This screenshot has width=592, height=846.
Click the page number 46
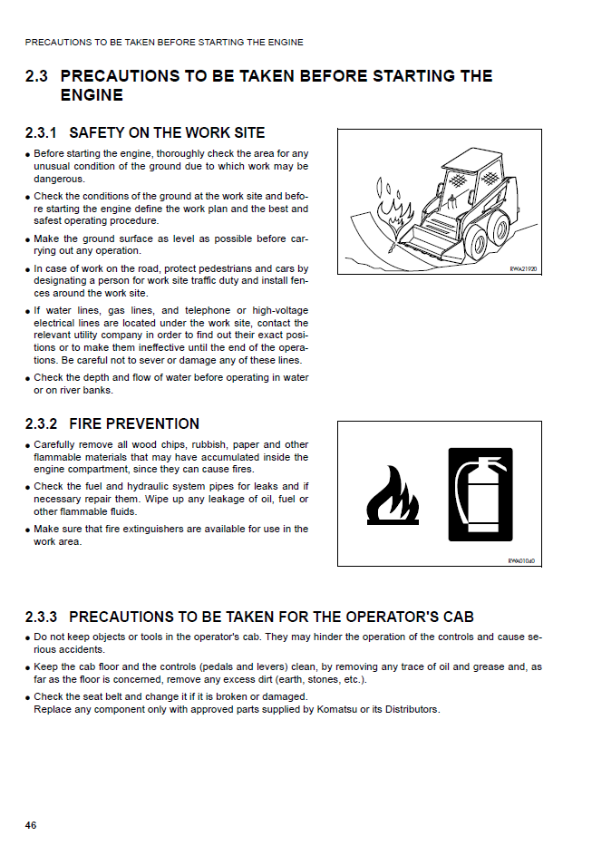[x=31, y=825]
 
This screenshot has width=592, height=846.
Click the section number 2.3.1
[x=42, y=132]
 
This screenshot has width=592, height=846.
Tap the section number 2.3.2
[x=42, y=423]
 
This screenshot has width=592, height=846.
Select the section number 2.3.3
[x=42, y=617]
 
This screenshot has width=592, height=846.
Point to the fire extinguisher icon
[x=480, y=494]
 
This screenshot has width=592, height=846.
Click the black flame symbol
[x=393, y=496]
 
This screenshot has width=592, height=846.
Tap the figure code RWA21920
[x=524, y=269]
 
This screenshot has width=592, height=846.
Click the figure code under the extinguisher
[x=522, y=561]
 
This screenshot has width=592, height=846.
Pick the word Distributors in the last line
[x=410, y=709]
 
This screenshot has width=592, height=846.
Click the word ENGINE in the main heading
[x=92, y=95]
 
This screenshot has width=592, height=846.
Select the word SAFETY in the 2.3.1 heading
[x=97, y=132]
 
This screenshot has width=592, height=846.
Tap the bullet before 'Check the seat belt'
[x=28, y=697]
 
